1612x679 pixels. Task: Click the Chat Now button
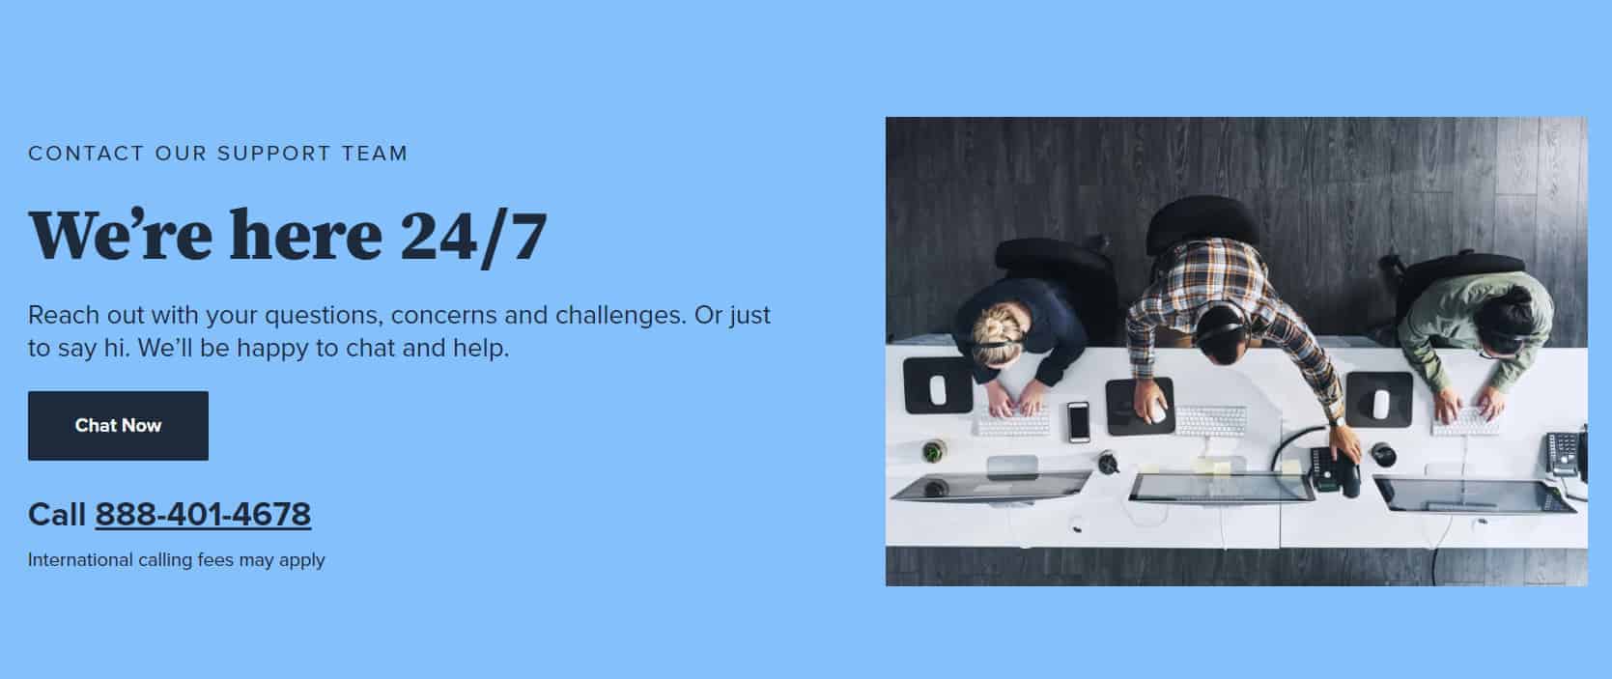[x=118, y=426]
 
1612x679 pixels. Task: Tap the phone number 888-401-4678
[x=203, y=515]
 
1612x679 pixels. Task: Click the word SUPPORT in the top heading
[x=274, y=154]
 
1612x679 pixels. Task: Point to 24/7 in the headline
[x=473, y=237]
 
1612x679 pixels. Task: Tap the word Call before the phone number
[x=57, y=515]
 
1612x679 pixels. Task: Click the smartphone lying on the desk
[x=1078, y=421]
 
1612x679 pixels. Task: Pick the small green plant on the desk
[x=933, y=451]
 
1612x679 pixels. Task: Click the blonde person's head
[x=997, y=334]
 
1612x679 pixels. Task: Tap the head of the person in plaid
[x=1221, y=334]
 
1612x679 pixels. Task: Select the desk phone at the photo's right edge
[x=1566, y=453]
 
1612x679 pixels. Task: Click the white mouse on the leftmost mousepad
[x=937, y=390]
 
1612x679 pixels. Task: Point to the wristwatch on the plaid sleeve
[x=1337, y=421]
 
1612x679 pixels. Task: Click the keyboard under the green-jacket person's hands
[x=1465, y=421]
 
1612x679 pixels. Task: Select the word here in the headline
[x=306, y=235]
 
